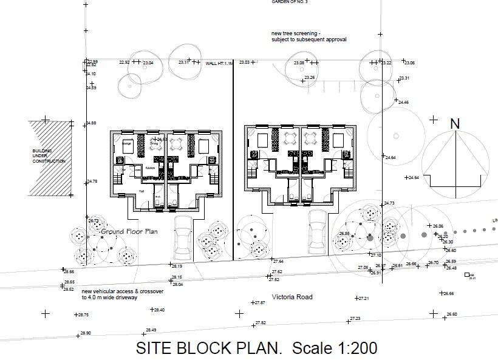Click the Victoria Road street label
tap(292, 297)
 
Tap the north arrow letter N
tap(455, 124)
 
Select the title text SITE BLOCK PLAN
tap(209, 348)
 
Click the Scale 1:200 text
tap(335, 348)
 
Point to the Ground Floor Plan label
tap(129, 231)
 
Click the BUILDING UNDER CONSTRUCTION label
tap(49, 156)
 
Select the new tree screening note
tap(309, 36)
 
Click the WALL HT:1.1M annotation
tap(219, 63)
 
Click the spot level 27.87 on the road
tap(259, 302)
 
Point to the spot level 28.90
tap(84, 333)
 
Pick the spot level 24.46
tap(403, 102)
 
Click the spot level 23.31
tap(404, 78)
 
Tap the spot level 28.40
tap(159, 310)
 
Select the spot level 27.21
tap(363, 299)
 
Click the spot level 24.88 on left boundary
tap(90, 123)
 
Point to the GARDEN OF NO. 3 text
tap(290, 2)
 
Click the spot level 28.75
tap(83, 315)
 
